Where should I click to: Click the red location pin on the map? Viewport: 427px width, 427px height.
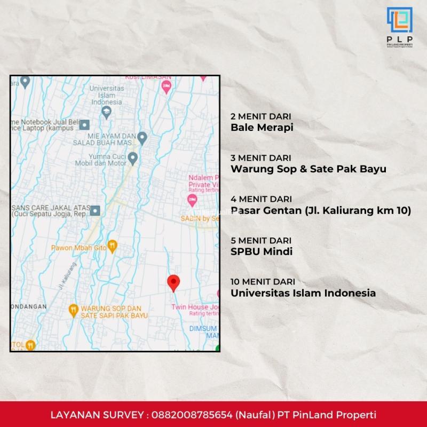click(173, 282)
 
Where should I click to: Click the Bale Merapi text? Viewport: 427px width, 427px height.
click(262, 128)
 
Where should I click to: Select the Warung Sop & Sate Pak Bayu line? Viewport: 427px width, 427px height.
click(309, 169)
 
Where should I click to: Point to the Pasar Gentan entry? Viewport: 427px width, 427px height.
click(321, 210)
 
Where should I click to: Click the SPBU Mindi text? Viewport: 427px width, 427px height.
click(262, 251)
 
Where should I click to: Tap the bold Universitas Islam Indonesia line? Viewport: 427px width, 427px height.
click(303, 293)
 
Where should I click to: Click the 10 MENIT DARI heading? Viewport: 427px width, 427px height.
click(263, 282)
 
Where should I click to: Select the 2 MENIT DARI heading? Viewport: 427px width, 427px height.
click(260, 116)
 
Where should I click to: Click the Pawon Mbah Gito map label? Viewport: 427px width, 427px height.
click(79, 248)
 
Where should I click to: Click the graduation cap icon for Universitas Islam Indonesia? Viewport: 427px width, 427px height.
click(106, 112)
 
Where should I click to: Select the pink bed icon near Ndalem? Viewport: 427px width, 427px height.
click(192, 200)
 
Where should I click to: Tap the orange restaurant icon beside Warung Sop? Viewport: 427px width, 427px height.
click(73, 309)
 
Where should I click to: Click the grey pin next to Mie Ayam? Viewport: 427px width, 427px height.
click(141, 138)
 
